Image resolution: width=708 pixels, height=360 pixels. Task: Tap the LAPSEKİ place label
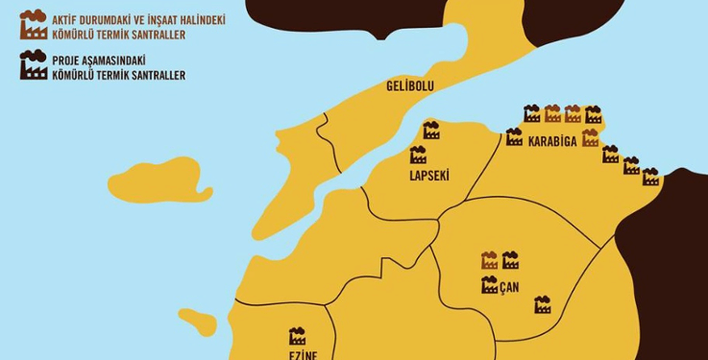(429, 176)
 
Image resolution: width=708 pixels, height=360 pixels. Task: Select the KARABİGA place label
(551, 142)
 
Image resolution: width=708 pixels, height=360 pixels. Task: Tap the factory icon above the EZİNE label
(297, 336)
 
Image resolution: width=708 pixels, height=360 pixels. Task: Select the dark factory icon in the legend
(33, 66)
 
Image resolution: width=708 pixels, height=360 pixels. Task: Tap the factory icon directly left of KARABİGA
(514, 137)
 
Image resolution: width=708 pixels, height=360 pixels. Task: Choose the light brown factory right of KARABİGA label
(590, 137)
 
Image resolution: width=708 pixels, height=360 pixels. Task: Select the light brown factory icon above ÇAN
(489, 259)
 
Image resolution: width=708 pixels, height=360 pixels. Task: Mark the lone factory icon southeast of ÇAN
(542, 304)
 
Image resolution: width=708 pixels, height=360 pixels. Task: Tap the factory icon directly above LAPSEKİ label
(418, 155)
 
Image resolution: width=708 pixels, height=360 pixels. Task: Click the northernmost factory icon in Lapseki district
(431, 130)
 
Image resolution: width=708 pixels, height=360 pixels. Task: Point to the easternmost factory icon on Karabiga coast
(650, 177)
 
